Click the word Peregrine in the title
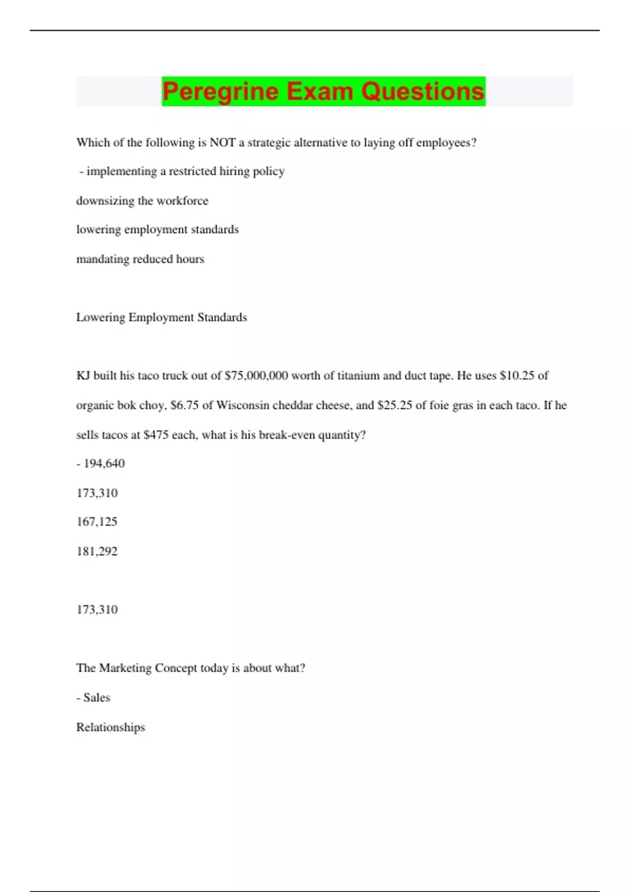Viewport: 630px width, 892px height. coord(220,91)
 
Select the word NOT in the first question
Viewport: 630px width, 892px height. coord(223,143)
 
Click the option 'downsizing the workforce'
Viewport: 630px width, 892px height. coord(142,201)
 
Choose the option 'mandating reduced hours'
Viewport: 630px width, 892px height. coord(140,259)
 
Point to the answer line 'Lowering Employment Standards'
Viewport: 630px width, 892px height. coord(162,317)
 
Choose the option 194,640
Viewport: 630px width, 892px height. coord(104,464)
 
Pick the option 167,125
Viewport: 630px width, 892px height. coord(97,522)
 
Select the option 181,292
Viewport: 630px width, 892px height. coord(97,551)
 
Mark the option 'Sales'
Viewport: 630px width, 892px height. coord(97,698)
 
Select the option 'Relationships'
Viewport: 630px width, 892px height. coord(111,728)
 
